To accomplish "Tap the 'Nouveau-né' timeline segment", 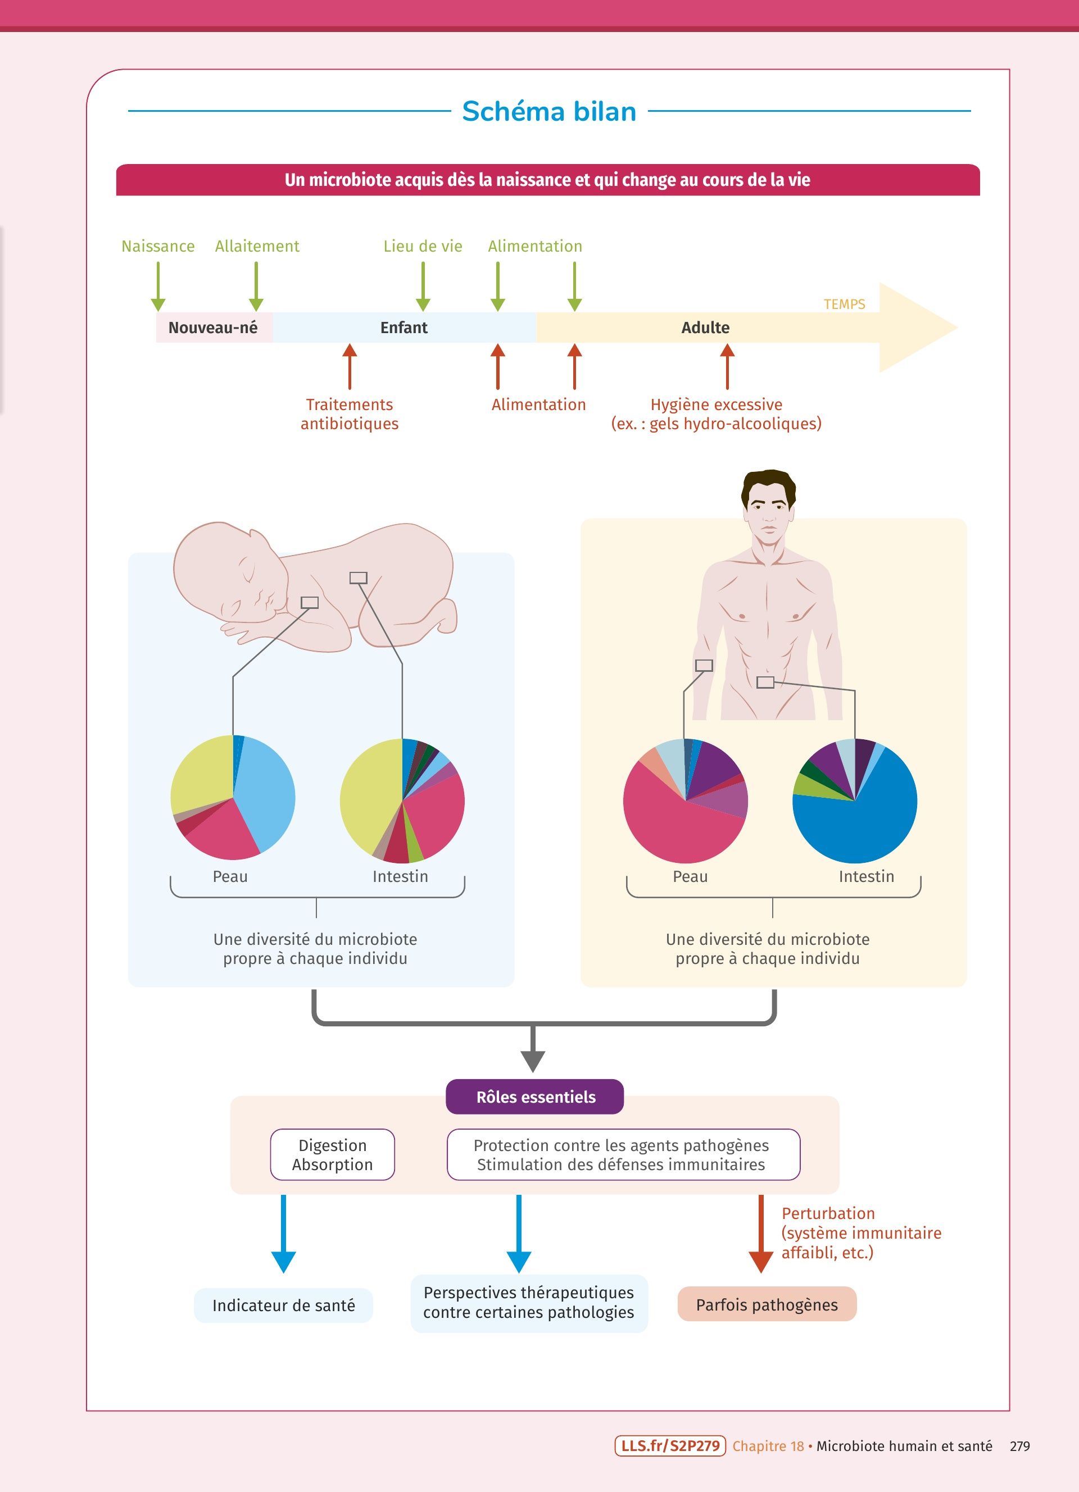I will click(x=212, y=327).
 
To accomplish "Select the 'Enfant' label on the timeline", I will click(x=404, y=327).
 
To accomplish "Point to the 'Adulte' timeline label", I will click(x=705, y=327).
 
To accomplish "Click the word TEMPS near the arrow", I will click(x=844, y=304).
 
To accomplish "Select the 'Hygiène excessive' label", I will click(x=716, y=404).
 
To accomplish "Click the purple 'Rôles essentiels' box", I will click(x=535, y=1097).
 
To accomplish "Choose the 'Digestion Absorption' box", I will click(x=332, y=1154).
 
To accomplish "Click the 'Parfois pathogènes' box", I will click(x=767, y=1304).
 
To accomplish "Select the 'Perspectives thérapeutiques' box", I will click(x=528, y=1303).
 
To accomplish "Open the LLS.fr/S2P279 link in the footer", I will click(x=670, y=1446).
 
